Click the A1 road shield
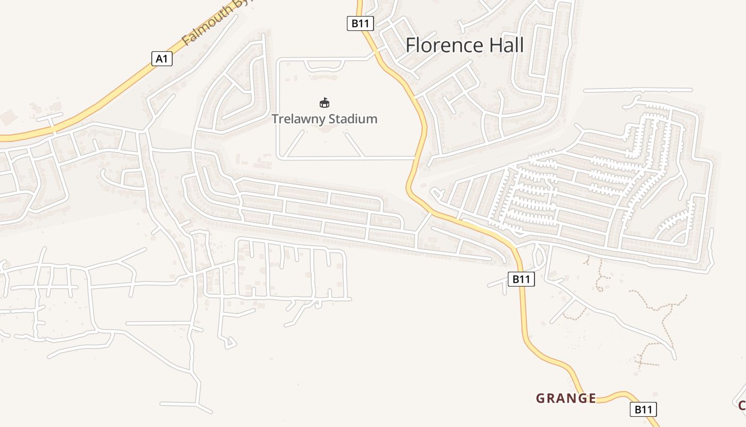162,59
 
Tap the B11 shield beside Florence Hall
361,23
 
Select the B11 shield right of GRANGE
643,409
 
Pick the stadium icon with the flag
324,102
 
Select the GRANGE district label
566,398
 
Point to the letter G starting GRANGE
540,398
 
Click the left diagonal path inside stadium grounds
295,144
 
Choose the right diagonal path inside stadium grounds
355,145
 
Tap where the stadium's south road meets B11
416,158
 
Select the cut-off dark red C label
742,405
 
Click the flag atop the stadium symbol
325,99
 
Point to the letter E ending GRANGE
592,398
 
